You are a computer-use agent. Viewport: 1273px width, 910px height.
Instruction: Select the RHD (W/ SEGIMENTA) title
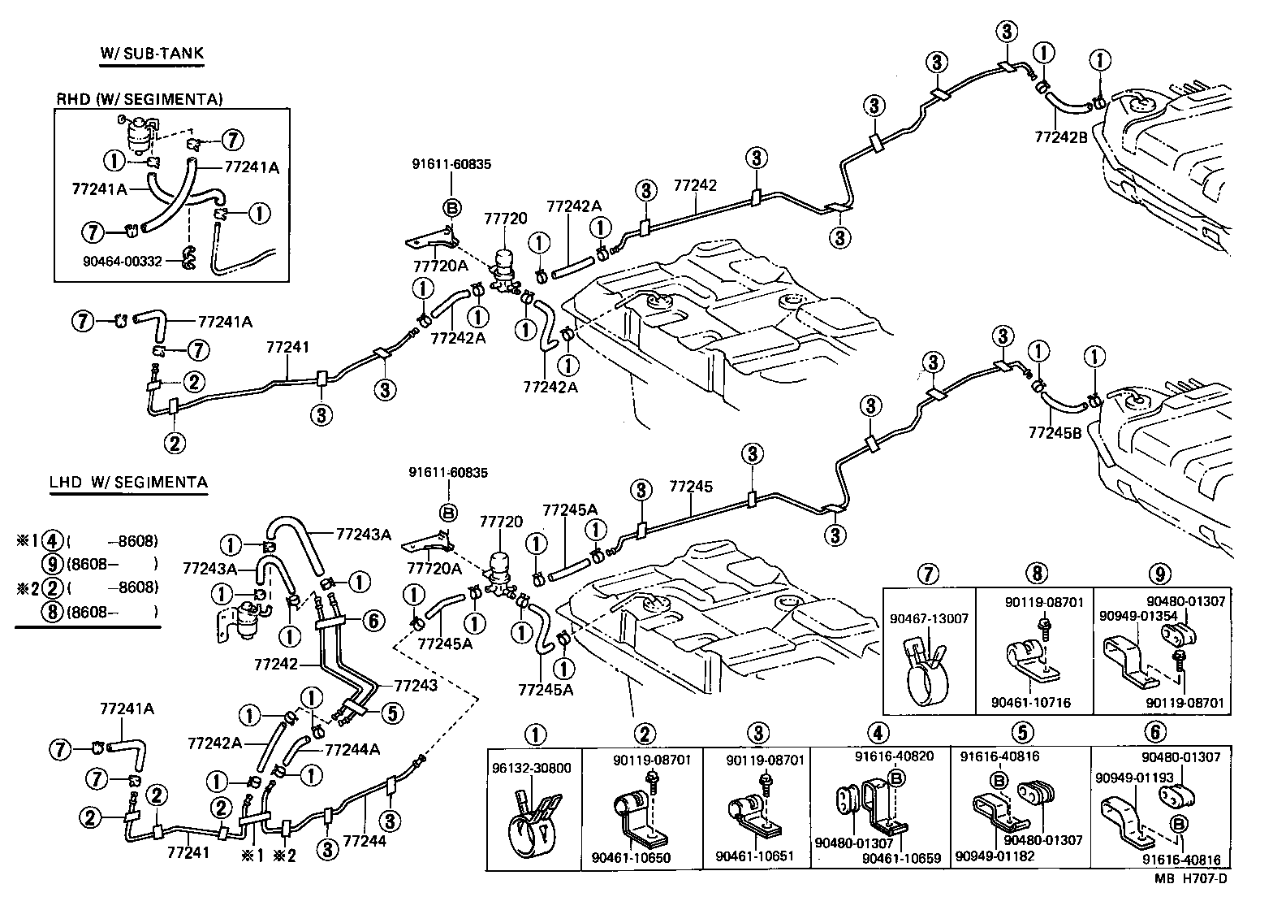pos(139,99)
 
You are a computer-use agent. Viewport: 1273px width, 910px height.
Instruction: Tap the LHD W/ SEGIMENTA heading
pos(128,482)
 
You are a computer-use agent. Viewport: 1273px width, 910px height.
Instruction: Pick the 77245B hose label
pos(1055,433)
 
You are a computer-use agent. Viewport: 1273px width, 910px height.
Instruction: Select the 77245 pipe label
pos(691,487)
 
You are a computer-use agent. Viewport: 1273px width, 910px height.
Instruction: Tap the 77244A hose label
pos(352,750)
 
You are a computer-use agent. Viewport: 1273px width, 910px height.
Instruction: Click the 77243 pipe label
pos(416,685)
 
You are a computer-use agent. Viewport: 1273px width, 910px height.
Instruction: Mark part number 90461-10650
pos(631,856)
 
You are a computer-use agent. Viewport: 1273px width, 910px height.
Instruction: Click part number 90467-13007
pos(930,618)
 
